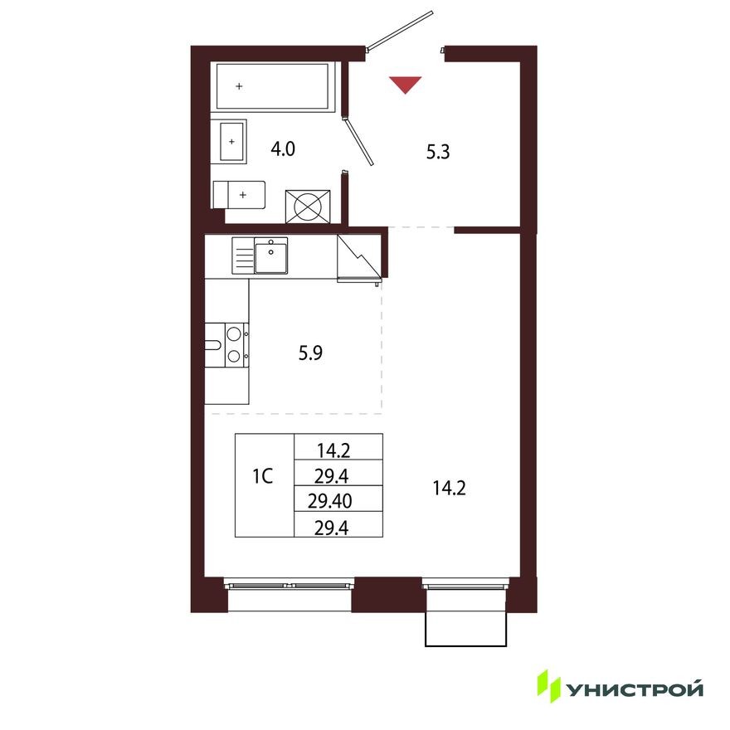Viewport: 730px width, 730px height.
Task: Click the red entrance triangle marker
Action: coord(406,83)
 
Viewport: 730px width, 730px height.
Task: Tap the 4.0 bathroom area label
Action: coord(283,149)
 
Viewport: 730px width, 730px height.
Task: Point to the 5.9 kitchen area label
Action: coord(309,352)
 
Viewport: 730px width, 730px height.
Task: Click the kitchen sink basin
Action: coord(270,255)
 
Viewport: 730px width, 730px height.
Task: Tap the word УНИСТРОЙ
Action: coord(635,688)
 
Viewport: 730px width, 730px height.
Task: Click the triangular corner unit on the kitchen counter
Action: coord(358,257)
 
